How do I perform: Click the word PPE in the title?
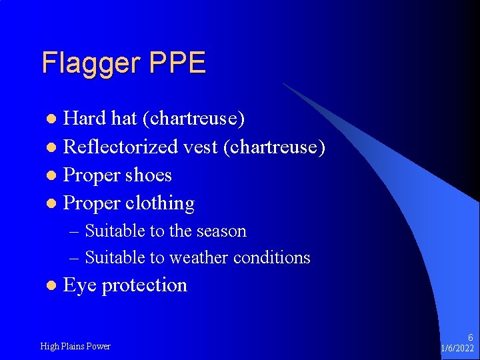click(x=177, y=63)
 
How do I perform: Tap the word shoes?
click(x=149, y=175)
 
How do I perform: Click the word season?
click(x=222, y=231)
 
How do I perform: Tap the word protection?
click(x=145, y=285)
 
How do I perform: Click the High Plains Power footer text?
click(x=75, y=346)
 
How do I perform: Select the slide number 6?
click(x=470, y=338)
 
